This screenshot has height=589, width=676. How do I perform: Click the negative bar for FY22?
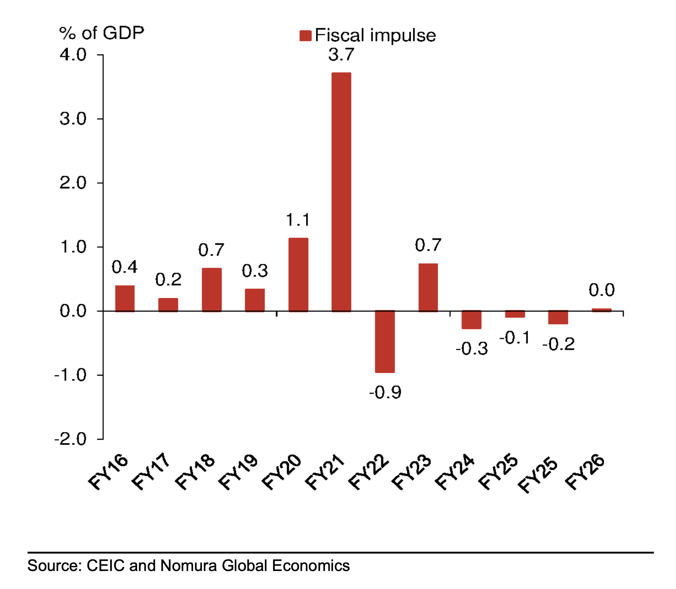[384, 341]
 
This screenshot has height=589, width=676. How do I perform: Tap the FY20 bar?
[298, 274]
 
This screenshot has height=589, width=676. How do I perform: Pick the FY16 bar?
[125, 298]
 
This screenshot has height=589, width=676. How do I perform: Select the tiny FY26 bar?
[601, 310]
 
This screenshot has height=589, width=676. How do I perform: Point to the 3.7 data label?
[341, 55]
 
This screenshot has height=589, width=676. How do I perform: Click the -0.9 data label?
[385, 392]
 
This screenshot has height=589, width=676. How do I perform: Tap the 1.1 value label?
[298, 220]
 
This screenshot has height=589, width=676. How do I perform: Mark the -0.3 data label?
[471, 348]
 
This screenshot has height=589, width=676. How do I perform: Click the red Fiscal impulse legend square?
[305, 36]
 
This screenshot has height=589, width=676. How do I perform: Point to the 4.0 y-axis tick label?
[73, 55]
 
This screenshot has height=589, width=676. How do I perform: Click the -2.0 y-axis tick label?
[70, 439]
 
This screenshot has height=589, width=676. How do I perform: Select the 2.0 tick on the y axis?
[73, 183]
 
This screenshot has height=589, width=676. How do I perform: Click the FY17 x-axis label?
[151, 471]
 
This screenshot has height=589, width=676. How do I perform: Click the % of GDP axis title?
[101, 33]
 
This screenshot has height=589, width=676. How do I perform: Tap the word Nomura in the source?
[189, 566]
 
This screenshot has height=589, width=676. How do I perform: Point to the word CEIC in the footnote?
[105, 566]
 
